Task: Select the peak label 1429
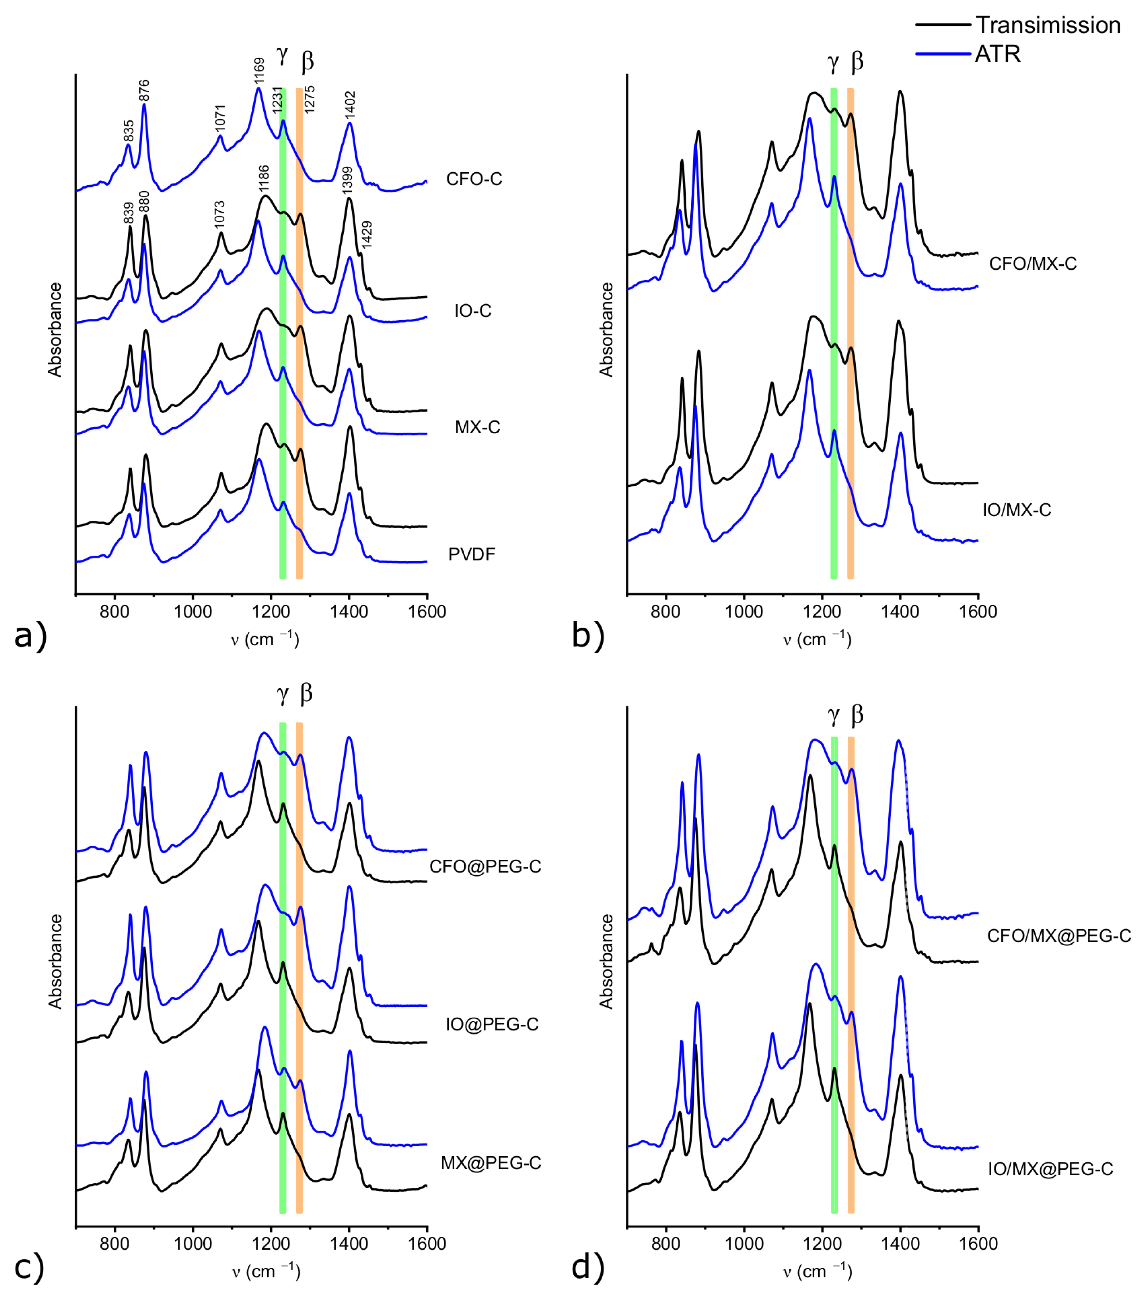pos(367,234)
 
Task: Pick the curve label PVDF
pos(471,555)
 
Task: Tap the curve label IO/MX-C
pos(1016,510)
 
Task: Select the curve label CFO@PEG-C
pos(485,867)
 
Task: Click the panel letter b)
pos(588,636)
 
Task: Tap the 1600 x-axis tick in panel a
pos(427,612)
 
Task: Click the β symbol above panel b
pos(857,62)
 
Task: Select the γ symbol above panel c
pos(282,694)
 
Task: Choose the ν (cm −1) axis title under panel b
pos(817,638)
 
